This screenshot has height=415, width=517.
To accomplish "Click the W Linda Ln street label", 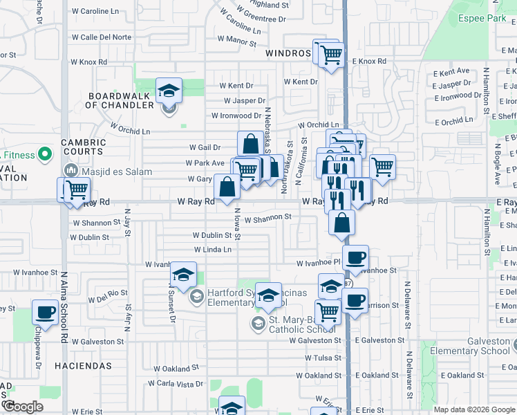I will tap(212, 250).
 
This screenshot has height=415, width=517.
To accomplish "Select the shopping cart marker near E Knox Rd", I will tap(331, 54).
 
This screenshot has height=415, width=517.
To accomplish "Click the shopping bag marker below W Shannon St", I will tap(341, 223).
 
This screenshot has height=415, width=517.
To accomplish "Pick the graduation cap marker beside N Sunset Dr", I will tap(183, 275).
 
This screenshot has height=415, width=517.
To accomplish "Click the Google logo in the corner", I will tap(23, 407).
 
